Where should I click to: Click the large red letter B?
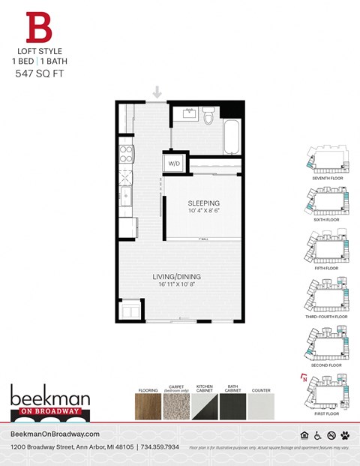[40, 28]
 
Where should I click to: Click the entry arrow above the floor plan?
[157, 92]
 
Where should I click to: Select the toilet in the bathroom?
[209, 116]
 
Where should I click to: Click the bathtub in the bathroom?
[232, 135]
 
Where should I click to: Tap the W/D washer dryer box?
[174, 163]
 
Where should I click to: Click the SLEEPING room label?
[203, 203]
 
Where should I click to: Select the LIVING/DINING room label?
[178, 276]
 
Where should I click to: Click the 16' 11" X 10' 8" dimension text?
[178, 285]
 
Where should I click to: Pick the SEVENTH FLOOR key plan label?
[328, 179]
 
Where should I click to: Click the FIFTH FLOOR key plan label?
[328, 268]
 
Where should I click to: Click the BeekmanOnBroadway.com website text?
[55, 434]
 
